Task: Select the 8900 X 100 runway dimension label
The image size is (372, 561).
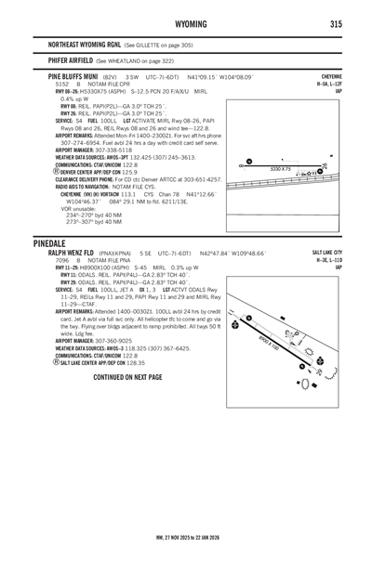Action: pos(290,342)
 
